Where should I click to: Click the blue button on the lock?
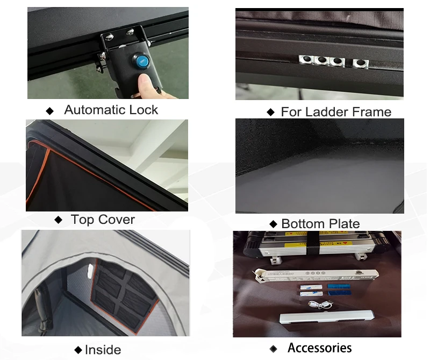pos(141,60)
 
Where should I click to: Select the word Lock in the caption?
pos(144,110)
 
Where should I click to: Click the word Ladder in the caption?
pos(326,112)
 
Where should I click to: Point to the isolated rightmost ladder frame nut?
pos(360,63)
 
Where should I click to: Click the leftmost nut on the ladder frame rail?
pos(306,59)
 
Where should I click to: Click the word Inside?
pos(103,350)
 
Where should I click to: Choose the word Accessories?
pos(320,348)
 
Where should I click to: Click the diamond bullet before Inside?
pos(78,350)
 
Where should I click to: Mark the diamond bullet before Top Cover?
pos(59,220)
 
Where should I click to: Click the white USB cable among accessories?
pos(320,305)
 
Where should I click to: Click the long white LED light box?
pos(316,275)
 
